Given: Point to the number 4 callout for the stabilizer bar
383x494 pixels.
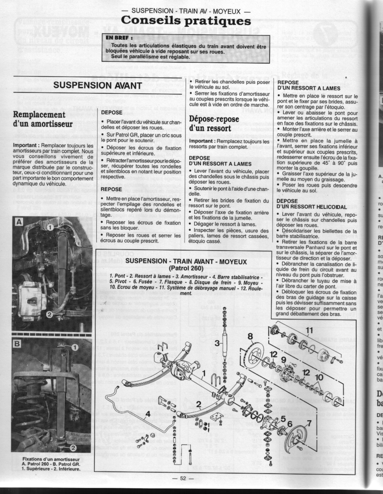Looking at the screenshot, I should (147, 413).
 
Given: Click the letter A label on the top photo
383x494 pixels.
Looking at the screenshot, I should (18, 222).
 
